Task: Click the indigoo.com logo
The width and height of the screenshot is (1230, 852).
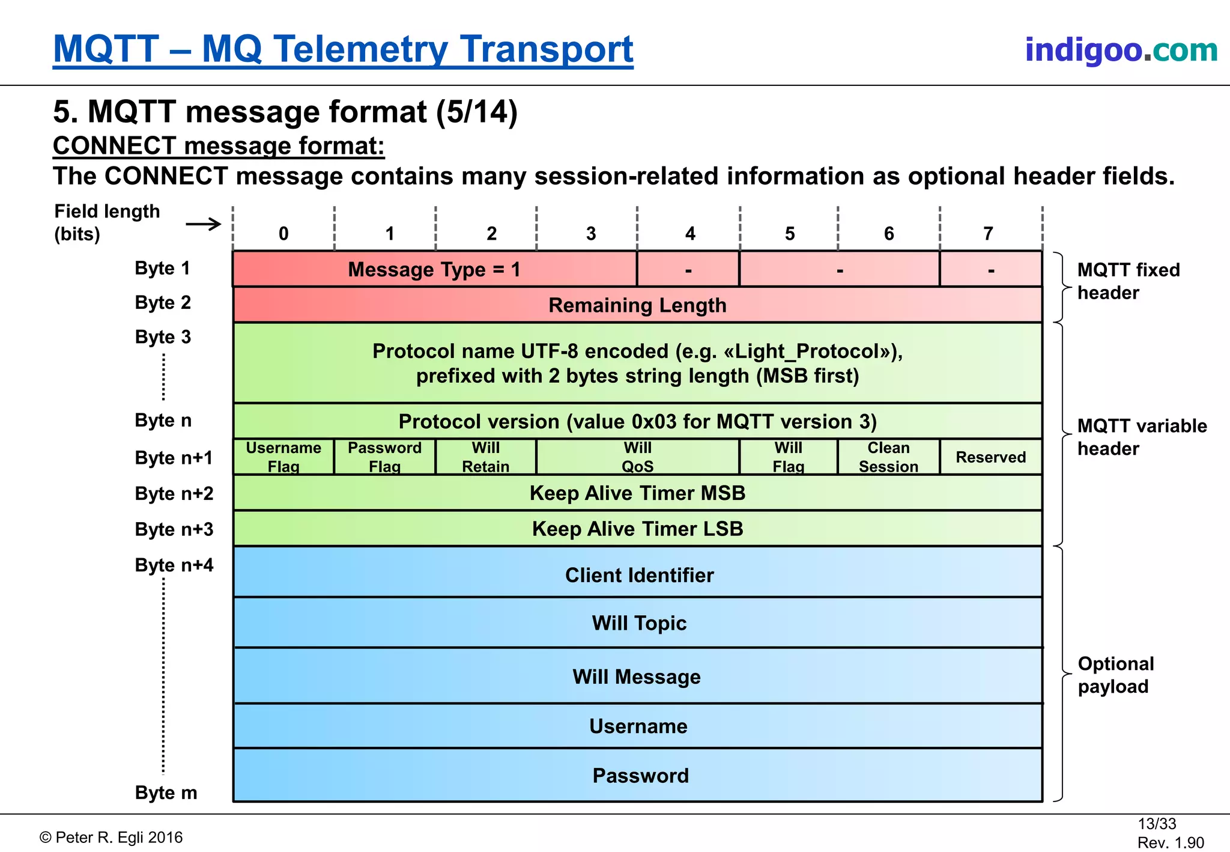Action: [1121, 49]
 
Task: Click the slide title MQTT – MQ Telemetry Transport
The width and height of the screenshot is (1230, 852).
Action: [343, 49]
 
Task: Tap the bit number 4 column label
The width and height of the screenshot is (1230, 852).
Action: [690, 233]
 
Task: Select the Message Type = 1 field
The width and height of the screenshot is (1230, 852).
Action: [434, 269]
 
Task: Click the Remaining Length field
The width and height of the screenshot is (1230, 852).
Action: [637, 305]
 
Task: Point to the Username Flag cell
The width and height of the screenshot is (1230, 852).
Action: [283, 457]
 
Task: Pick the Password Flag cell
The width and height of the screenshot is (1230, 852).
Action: [384, 457]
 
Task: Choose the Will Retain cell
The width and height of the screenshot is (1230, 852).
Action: [485, 457]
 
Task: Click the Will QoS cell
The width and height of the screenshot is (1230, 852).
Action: [637, 457]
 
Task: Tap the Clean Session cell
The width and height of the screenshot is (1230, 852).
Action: [888, 457]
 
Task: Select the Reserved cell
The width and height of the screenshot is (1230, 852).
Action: [990, 457]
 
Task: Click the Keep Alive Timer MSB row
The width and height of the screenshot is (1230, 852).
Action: [637, 493]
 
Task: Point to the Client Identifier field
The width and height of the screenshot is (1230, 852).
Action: [639, 575]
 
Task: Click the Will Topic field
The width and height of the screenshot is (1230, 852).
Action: [639, 623]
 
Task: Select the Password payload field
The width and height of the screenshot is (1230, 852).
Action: [640, 776]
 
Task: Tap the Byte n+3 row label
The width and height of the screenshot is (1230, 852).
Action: [174, 529]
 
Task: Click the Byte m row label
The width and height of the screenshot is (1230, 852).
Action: [166, 793]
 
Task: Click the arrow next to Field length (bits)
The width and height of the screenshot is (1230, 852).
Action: [204, 225]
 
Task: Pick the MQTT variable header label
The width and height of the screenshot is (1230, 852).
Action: [1141, 437]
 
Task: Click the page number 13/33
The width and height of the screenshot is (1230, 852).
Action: [1156, 824]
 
